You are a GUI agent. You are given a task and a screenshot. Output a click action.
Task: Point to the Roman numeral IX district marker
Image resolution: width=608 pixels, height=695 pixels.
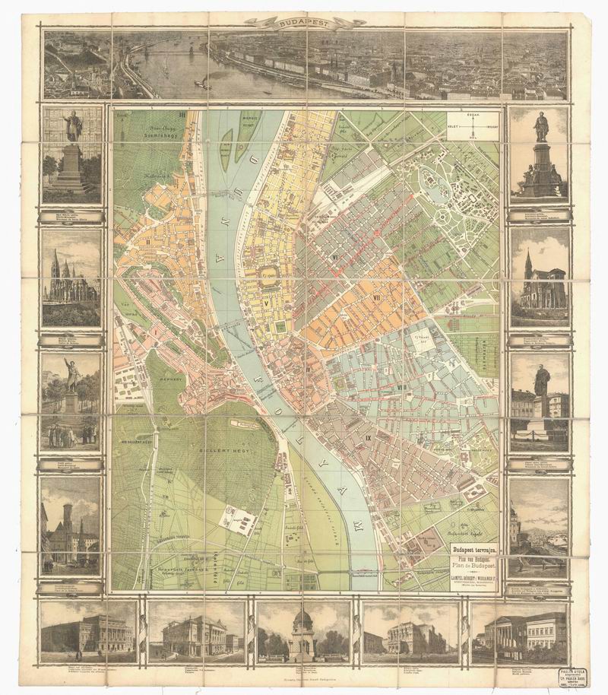(368, 438)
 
